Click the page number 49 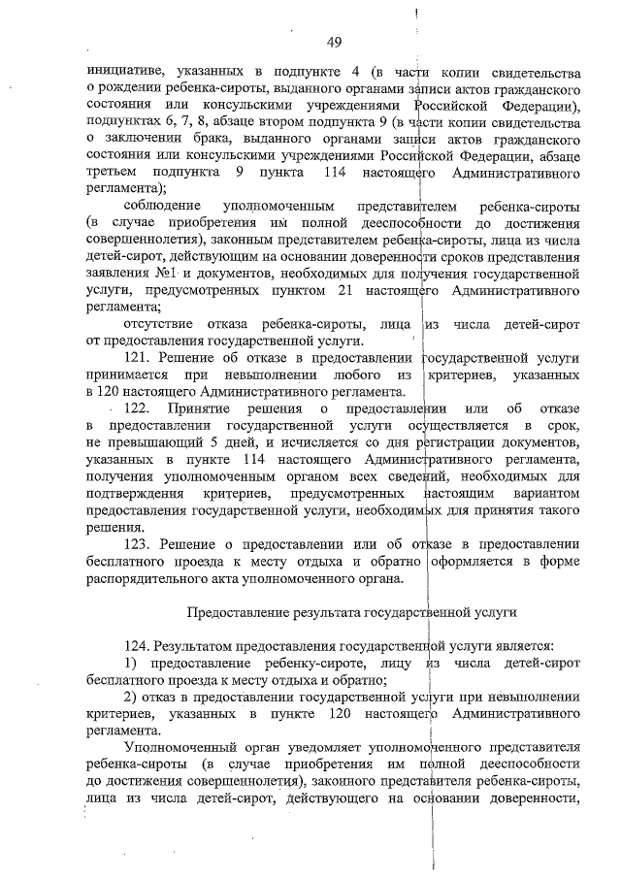coord(334,41)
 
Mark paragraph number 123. coord(142,544)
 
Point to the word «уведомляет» coord(288,747)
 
